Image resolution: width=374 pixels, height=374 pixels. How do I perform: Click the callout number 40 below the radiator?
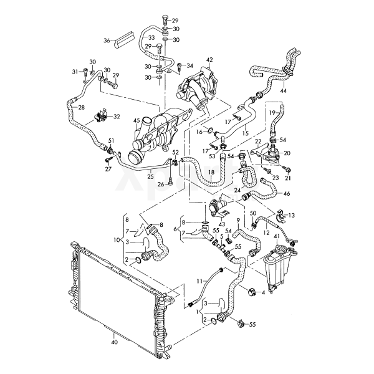[x=114, y=342]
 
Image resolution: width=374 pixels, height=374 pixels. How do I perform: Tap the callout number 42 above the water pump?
[x=209, y=60]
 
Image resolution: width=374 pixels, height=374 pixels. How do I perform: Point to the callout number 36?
[x=107, y=41]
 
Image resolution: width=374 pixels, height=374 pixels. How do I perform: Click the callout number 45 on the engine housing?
[x=137, y=122]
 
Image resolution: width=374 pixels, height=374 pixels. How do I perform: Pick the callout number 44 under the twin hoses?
[x=284, y=90]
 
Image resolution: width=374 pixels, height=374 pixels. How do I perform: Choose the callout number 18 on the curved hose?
[x=211, y=172]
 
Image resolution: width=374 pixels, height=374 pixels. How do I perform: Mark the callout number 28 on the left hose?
[x=81, y=107]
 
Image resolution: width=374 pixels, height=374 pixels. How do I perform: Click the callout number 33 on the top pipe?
[x=151, y=37]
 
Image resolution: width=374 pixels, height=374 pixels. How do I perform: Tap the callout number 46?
[x=287, y=194]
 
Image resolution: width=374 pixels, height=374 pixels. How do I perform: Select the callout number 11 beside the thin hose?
[x=201, y=280]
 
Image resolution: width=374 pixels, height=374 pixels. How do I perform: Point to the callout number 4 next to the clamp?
[x=263, y=292]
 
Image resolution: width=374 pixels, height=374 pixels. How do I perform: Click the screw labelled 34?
[x=180, y=67]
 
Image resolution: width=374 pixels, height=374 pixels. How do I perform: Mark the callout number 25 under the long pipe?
[x=150, y=177]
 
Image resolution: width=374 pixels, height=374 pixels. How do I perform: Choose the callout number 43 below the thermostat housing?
[x=222, y=224]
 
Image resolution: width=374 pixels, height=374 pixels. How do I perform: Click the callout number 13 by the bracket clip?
[x=291, y=216]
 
